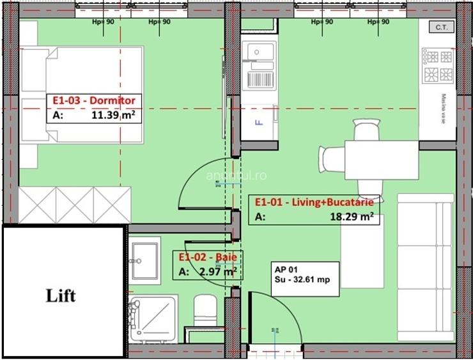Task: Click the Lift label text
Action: point(61,295)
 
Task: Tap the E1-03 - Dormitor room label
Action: point(93,101)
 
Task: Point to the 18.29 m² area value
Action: point(351,217)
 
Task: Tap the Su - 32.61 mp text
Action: point(297,279)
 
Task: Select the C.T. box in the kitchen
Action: point(440,27)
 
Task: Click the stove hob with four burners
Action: point(438,66)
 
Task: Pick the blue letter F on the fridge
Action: point(258,121)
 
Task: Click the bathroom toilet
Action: point(206,313)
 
